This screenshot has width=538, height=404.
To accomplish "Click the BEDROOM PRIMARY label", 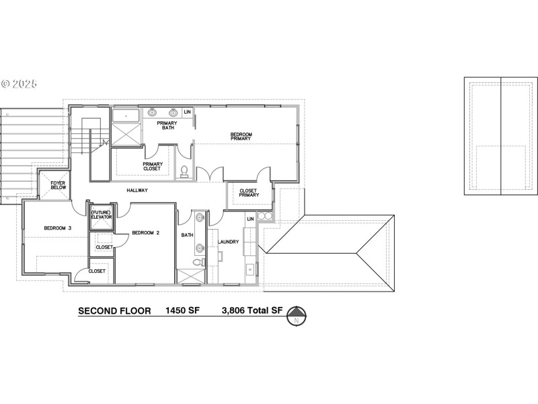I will [241, 137].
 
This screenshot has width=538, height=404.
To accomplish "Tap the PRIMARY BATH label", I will [166, 125].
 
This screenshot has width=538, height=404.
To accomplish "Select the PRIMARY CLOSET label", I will [151, 166].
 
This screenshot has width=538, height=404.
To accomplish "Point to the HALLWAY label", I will [137, 191].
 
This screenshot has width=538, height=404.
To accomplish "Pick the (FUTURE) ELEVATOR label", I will [102, 215].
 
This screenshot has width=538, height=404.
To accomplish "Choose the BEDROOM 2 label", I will [145, 233].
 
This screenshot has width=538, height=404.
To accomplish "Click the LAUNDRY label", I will [228, 242].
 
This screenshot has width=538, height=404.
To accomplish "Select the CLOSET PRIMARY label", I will [248, 193].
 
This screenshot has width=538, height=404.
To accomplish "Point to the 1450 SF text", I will [183, 311].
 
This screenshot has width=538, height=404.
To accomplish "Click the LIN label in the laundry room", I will [250, 219].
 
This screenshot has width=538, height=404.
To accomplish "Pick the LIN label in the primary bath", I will [188, 112].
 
